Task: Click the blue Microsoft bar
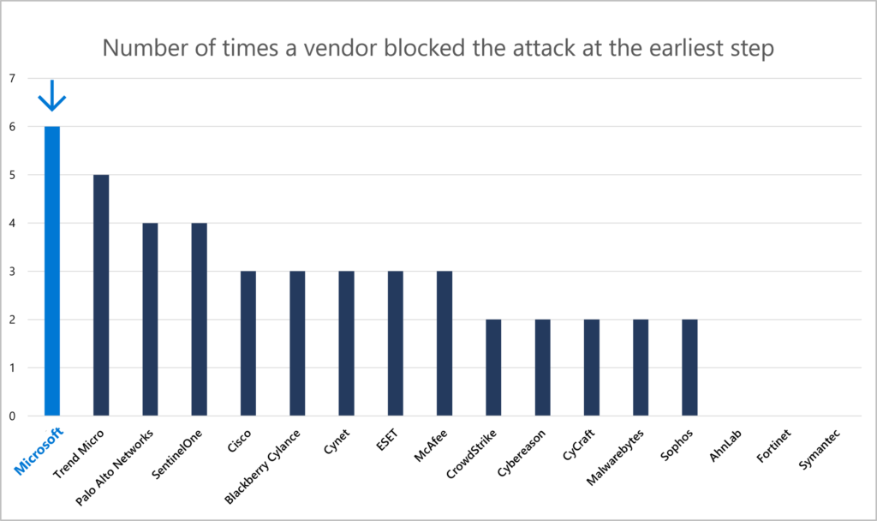(x=52, y=271)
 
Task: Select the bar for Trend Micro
(x=101, y=296)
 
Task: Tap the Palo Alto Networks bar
(x=150, y=320)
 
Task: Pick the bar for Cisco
(x=248, y=344)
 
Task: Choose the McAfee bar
(x=444, y=344)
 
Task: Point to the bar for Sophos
(x=689, y=368)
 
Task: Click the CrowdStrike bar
(x=493, y=368)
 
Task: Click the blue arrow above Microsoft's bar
(x=52, y=96)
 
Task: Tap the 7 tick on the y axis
(x=12, y=78)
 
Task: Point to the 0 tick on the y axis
(x=12, y=416)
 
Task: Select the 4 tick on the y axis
(x=12, y=224)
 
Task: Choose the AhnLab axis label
(x=728, y=443)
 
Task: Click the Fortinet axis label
(x=777, y=444)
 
